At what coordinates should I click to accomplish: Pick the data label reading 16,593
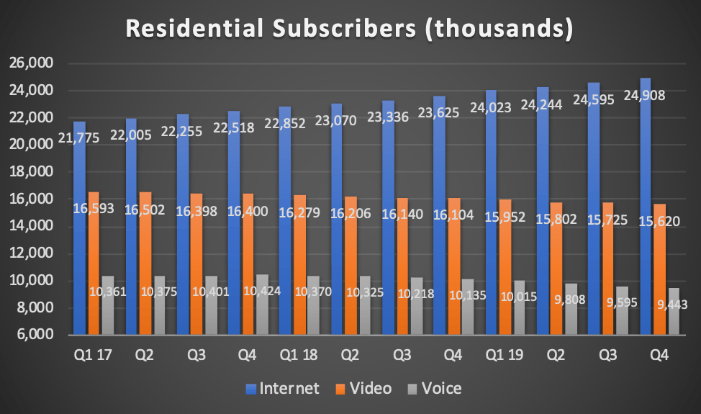[x=94, y=210]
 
